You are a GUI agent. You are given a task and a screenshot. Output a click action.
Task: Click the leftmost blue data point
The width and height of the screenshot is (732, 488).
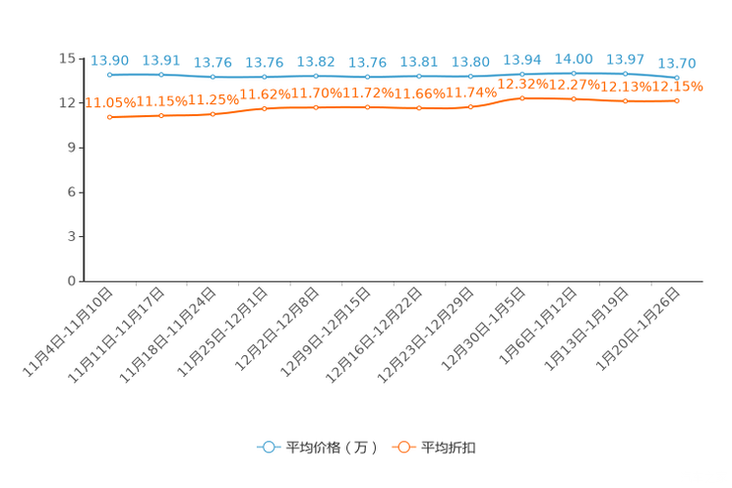pos(109,75)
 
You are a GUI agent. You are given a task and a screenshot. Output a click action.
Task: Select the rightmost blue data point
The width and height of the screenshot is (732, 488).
pos(677,78)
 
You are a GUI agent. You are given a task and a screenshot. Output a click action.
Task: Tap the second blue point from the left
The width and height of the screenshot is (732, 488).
pos(161,75)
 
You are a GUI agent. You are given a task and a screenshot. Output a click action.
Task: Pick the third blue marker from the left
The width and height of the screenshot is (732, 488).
pos(213,77)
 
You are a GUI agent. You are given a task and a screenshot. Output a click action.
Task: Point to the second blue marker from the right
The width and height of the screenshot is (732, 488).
pos(626,73)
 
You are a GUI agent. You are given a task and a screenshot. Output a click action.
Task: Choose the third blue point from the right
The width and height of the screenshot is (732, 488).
pos(574,72)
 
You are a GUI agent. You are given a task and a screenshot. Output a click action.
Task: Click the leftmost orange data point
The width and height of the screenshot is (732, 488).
pos(109,117)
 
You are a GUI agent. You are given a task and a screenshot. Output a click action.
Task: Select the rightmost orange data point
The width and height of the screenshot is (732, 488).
pos(677,99)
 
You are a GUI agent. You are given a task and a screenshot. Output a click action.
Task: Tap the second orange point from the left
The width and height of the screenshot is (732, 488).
pos(161,115)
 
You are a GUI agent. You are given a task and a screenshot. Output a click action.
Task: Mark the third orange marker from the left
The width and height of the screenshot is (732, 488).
pos(213,114)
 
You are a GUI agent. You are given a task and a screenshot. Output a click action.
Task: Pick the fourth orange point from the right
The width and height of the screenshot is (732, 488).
pos(522,98)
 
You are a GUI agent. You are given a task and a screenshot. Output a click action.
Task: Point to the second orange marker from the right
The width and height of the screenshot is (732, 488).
pos(626,100)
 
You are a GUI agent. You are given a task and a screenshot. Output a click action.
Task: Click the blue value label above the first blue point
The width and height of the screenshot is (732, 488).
pos(109,61)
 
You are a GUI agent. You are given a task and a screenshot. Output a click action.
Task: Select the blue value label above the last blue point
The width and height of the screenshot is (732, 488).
pos(677,64)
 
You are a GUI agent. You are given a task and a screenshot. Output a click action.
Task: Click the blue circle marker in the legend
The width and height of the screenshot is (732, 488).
pos(269,447)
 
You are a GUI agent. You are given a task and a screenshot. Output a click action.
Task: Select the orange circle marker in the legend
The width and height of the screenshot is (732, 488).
pos(403,447)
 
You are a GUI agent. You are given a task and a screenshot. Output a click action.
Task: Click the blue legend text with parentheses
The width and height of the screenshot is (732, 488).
pos(333,448)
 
